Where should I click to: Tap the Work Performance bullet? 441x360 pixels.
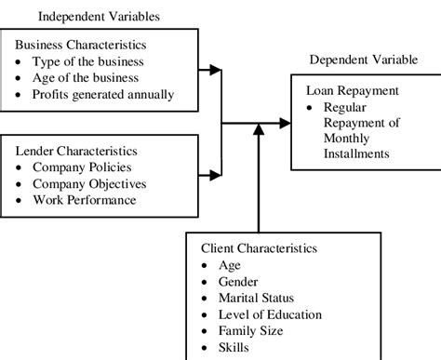point(85,200)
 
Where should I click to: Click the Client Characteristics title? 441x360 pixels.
point(260,248)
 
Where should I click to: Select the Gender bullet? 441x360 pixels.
point(239,282)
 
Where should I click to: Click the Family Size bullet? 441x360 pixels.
point(249,332)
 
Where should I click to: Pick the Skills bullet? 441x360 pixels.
point(234,349)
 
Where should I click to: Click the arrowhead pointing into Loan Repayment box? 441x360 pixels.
point(286,122)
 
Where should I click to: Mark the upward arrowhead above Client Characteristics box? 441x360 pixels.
point(257,133)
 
